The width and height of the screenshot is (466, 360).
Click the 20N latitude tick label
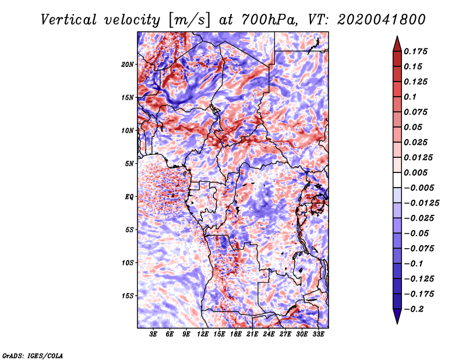tap(128, 64)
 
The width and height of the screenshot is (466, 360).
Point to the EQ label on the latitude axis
tap(129, 196)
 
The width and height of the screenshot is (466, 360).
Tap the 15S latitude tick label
tap(128, 296)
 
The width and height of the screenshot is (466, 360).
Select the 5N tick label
tap(129, 164)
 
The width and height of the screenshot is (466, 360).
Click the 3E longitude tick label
tap(153, 334)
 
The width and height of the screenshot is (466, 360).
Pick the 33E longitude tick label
tap(318, 334)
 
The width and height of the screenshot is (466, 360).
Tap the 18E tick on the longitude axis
tap(236, 334)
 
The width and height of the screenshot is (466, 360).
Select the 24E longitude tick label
tap(269, 334)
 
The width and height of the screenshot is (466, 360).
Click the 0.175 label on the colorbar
tap(415, 51)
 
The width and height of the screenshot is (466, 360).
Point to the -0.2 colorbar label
tap(414, 309)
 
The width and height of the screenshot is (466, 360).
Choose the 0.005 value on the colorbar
tap(415, 172)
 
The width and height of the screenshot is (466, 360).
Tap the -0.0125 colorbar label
tap(421, 203)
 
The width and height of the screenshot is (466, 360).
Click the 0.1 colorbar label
tap(410, 97)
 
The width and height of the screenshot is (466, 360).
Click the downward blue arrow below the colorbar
tap(397, 316)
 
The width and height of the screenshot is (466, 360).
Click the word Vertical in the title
tap(69, 20)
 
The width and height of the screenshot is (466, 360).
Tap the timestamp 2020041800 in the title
tap(382, 20)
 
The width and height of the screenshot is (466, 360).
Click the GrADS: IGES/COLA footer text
tap(33, 356)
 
